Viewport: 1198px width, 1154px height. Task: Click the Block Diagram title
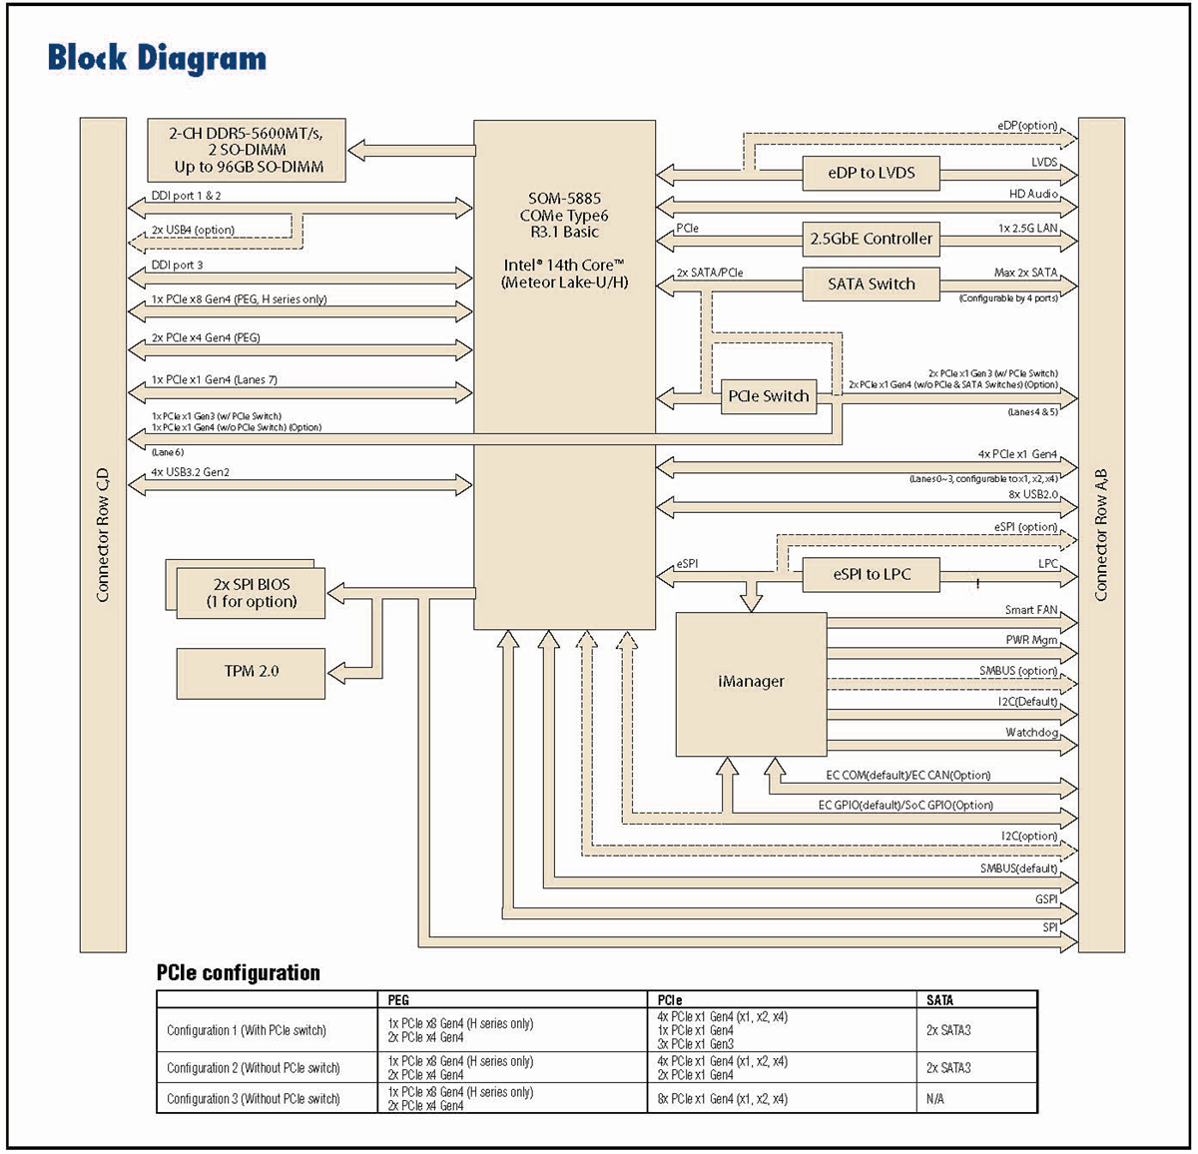157,58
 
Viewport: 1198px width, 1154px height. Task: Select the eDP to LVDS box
871,173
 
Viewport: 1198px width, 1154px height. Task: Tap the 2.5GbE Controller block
871,239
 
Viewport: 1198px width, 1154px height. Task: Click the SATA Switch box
871,284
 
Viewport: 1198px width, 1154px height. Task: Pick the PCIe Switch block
768,396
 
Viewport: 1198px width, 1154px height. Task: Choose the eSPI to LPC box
871,574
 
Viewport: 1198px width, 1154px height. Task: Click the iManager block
751,682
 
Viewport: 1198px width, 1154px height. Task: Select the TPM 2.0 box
251,672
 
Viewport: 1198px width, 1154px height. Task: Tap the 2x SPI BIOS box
252,593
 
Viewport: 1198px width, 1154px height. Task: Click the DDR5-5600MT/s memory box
247,150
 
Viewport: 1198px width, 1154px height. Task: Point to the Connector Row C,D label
103,535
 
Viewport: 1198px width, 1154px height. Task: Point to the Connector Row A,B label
1101,535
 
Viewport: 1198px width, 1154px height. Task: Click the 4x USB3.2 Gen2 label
191,472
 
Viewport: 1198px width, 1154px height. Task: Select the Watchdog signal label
1031,733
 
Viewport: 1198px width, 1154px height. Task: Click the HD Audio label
1033,195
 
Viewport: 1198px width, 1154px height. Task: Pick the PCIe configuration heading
238,972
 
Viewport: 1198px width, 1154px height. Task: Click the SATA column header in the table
939,999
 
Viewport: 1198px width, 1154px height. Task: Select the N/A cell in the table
934,1099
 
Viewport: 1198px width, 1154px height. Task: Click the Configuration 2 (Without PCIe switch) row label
253,1068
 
